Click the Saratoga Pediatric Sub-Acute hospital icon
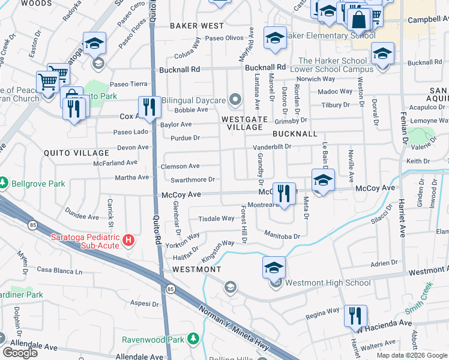pyautogui.click(x=128, y=241)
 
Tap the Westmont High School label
pyautogui.click(x=328, y=283)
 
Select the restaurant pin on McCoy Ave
pyautogui.click(x=284, y=193)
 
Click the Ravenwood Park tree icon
pyautogui.click(x=193, y=340)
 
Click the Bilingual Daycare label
pyautogui.click(x=191, y=99)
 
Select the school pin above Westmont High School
pyautogui.click(x=274, y=267)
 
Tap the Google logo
pyautogui.click(x=20, y=353)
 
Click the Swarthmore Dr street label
pyautogui.click(x=193, y=179)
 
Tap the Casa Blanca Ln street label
pyautogui.click(x=59, y=271)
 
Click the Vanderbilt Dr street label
pyautogui.click(x=271, y=146)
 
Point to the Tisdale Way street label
pyautogui.click(x=216, y=218)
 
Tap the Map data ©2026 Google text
pyautogui.click(x=412, y=355)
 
